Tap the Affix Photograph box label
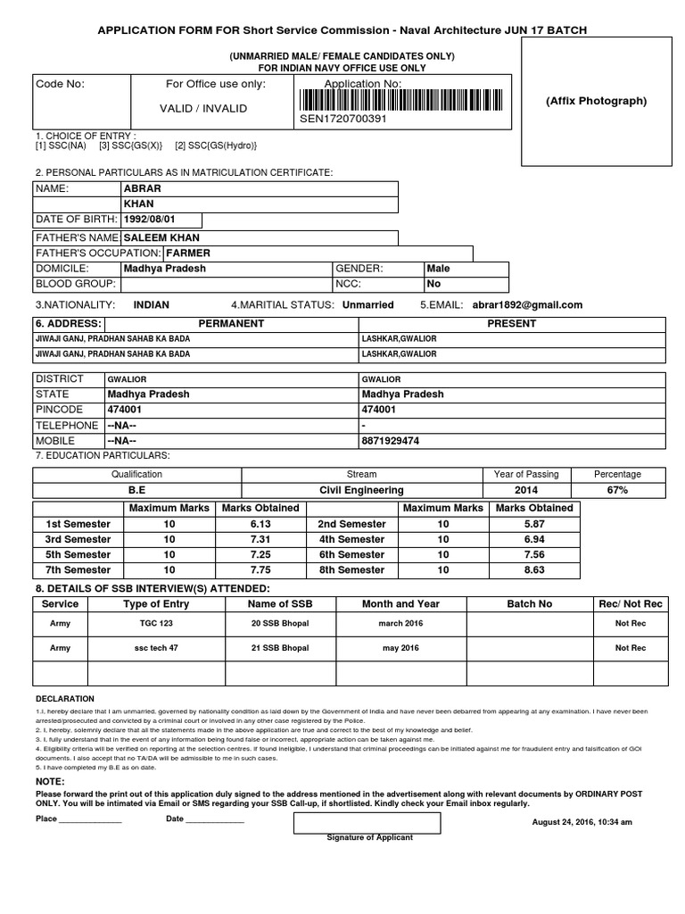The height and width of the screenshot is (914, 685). tap(596, 101)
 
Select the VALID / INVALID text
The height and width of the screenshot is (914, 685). tap(202, 108)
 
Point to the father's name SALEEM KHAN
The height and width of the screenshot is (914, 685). tap(161, 238)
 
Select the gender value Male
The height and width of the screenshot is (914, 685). tap(438, 269)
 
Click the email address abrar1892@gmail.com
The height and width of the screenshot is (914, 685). tap(527, 304)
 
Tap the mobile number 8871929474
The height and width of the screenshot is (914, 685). tap(391, 441)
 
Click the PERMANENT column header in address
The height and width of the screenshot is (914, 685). tap(231, 323)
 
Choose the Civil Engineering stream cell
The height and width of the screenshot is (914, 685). tap(361, 490)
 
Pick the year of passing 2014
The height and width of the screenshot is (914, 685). tap(526, 490)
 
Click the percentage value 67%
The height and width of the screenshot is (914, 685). tap(617, 490)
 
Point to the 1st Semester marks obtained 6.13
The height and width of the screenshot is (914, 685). tap(260, 524)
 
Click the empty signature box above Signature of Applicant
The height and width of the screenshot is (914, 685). tap(367, 821)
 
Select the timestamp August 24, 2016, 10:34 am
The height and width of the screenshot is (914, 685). tap(582, 822)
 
